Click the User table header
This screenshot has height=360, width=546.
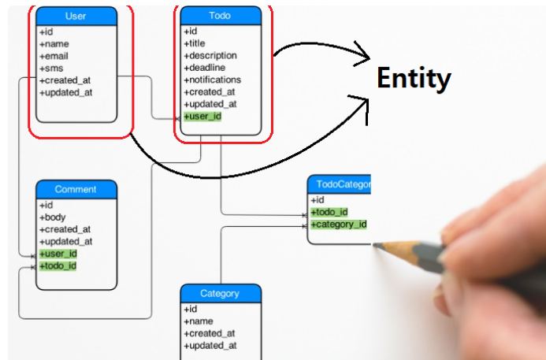76,16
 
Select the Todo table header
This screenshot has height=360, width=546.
221,16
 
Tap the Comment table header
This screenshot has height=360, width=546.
76,189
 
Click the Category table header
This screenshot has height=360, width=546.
220,294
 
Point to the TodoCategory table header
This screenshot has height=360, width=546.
339,184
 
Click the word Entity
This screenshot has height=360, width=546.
414,78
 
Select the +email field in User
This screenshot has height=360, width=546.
54,56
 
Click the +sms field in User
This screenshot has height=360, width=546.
52,69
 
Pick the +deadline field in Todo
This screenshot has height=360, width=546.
204,68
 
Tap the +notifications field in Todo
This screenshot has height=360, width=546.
212,80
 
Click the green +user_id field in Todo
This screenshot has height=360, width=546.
202,117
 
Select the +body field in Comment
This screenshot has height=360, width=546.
54,217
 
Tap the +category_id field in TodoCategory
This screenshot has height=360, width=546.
339,225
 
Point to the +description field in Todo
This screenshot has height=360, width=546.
210,56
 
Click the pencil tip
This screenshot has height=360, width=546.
375,246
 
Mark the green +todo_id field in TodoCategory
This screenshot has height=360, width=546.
329,212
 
